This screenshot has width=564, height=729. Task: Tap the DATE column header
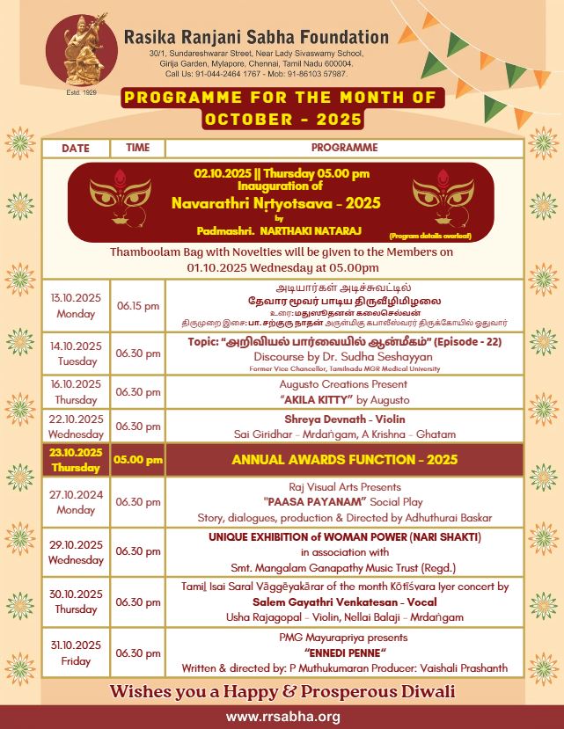[76, 148]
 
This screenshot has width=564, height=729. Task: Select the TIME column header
[137, 148]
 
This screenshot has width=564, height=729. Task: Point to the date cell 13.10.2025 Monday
[76, 305]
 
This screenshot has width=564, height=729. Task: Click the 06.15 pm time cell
[138, 305]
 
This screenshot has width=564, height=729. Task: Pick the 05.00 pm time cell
[138, 459]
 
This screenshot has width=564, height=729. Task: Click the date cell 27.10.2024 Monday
[76, 501]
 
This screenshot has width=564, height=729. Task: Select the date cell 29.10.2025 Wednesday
[76, 551]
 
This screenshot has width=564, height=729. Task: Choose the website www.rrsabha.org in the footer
[282, 717]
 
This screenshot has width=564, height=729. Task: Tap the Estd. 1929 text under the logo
[80, 91]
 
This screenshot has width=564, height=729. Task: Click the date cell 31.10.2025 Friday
[76, 652]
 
